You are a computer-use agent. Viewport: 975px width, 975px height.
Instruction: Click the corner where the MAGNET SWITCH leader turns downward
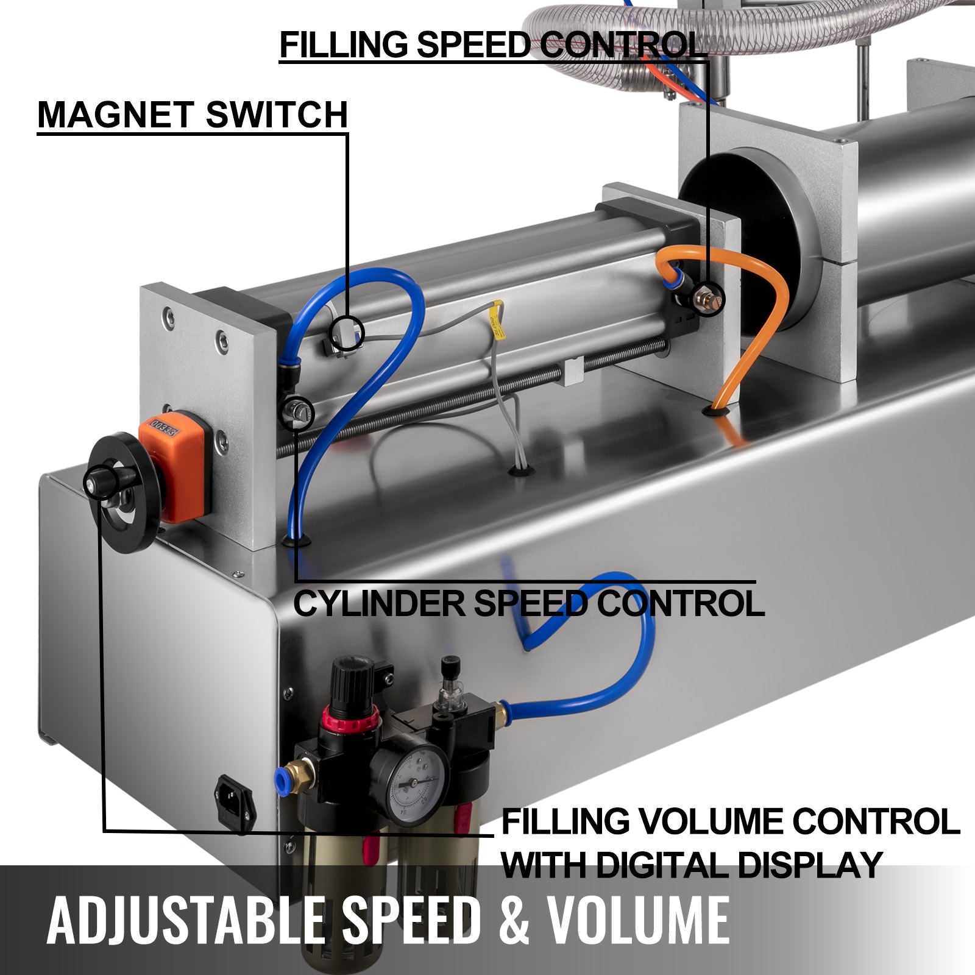click(x=347, y=133)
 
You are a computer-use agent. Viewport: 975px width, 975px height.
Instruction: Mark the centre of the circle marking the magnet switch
click(x=347, y=333)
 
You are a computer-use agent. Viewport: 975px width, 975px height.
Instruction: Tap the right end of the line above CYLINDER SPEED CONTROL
click(x=756, y=582)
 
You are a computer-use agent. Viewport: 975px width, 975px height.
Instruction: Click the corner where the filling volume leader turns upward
click(x=104, y=831)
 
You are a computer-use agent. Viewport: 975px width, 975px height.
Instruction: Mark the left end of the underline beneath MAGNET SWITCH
click(x=38, y=133)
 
